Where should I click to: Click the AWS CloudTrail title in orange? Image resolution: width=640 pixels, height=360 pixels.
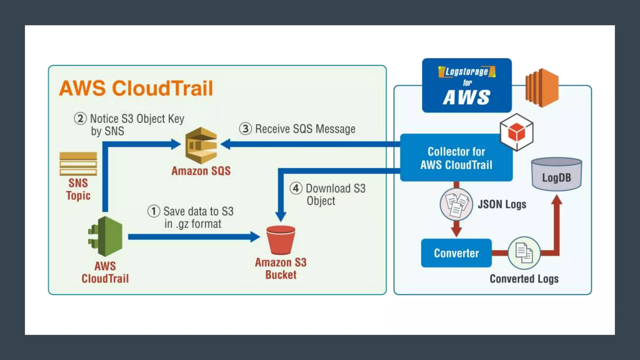(136, 88)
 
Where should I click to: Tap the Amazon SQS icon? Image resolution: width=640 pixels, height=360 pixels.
(201, 145)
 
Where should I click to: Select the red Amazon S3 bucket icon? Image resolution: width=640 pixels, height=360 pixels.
(281, 240)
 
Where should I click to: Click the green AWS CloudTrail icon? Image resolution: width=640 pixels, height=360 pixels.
(106, 237)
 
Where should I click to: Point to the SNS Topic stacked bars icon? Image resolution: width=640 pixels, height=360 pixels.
(78, 164)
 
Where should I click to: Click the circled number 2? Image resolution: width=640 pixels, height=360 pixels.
(80, 119)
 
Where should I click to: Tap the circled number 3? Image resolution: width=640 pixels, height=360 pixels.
(246, 129)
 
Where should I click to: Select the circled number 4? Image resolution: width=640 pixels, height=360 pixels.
(296, 188)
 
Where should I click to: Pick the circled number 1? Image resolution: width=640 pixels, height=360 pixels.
(154, 211)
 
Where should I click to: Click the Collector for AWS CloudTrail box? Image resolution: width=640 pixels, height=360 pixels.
(456, 158)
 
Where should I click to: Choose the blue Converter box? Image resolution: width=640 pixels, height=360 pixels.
(456, 253)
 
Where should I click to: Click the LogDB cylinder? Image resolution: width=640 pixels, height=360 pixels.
(557, 174)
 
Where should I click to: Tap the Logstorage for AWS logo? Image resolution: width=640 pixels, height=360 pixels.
(467, 85)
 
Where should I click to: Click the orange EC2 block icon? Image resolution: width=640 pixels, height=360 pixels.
(542, 88)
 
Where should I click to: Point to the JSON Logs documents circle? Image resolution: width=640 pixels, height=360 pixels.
(456, 204)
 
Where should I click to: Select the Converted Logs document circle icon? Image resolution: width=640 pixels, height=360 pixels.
(524, 253)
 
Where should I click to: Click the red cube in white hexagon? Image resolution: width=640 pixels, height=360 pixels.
(517, 132)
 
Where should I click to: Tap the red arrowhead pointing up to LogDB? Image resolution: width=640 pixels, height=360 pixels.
(557, 200)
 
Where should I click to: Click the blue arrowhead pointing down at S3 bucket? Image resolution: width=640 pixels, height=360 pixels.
(281, 216)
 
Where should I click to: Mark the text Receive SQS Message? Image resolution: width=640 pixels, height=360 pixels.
(305, 129)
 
